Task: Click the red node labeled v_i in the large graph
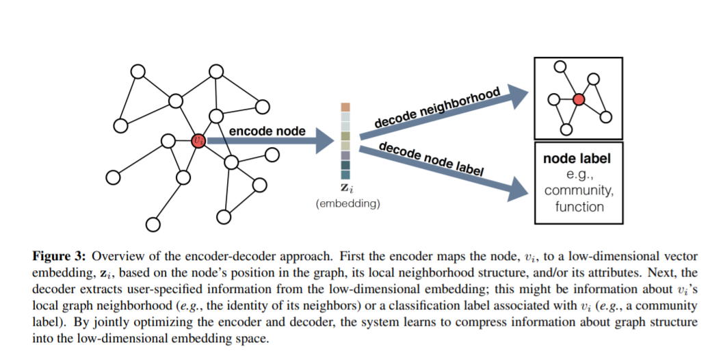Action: click(198, 140)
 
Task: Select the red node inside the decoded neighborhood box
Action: click(578, 99)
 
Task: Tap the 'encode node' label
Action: click(267, 131)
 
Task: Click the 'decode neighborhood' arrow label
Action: click(437, 107)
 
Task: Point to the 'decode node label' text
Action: click(432, 159)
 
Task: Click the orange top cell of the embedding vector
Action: click(345, 107)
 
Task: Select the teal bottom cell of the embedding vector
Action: click(345, 175)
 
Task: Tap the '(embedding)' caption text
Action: click(347, 203)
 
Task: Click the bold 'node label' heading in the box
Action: click(577, 159)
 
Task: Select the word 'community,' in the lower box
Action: click(579, 190)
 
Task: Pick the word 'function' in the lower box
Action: click(579, 207)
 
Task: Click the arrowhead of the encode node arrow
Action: click(325, 141)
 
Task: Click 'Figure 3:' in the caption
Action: click(59, 256)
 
